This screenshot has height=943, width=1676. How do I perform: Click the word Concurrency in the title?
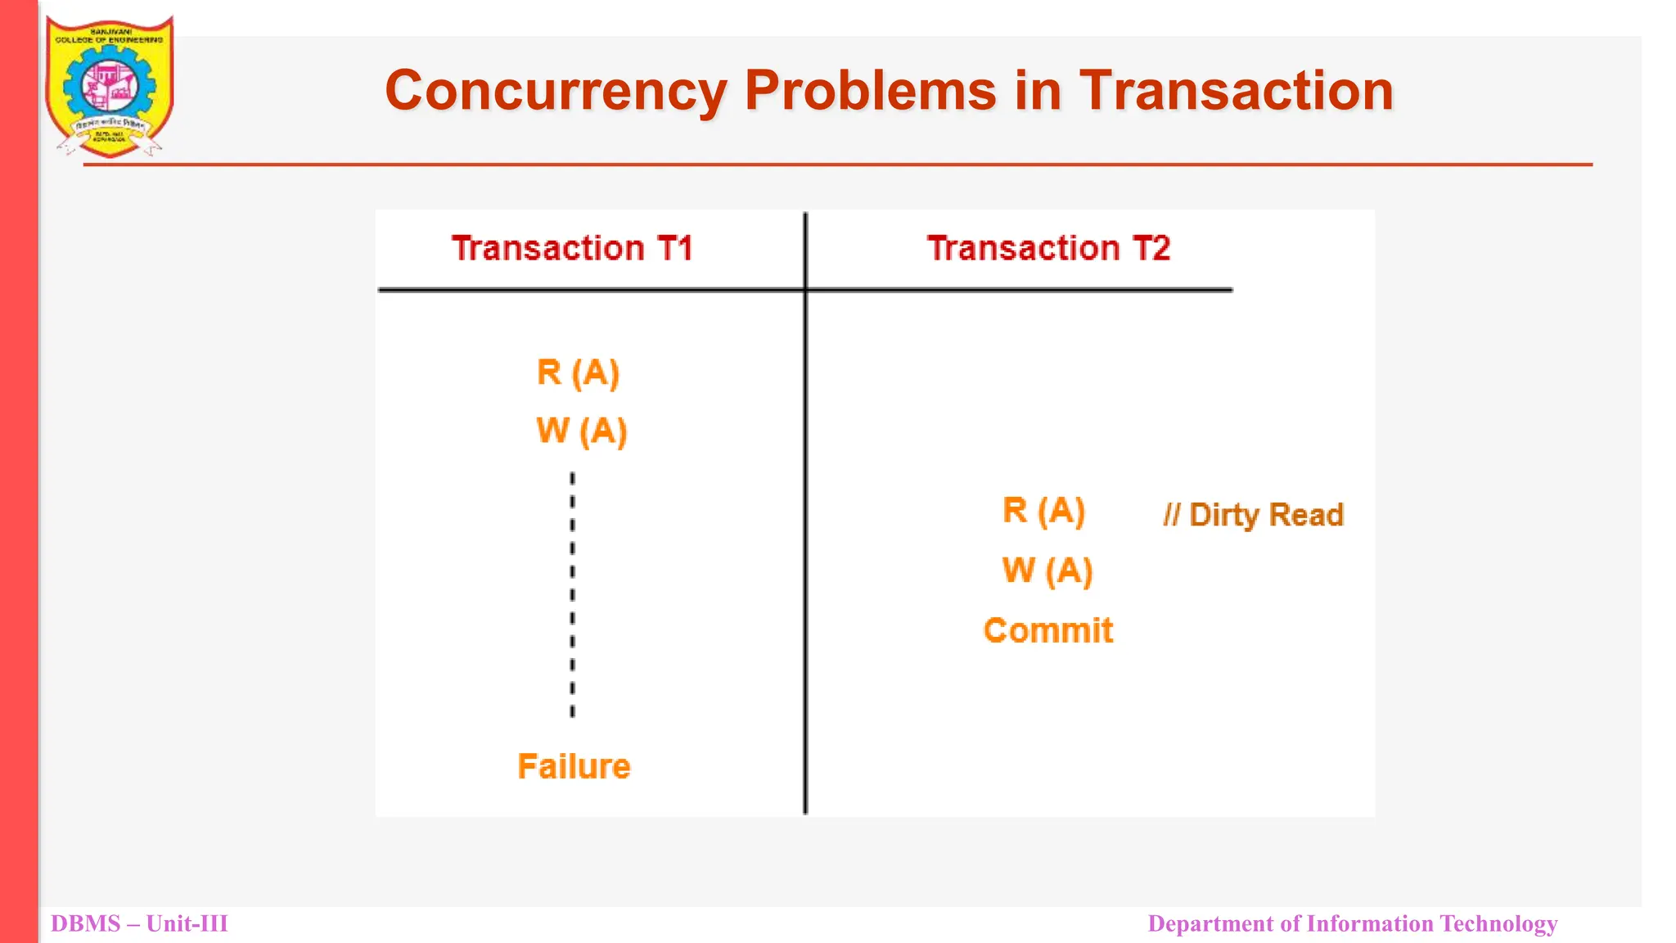click(x=554, y=90)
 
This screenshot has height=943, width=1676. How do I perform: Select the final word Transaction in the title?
click(x=1236, y=90)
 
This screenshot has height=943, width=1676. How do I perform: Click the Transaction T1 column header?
click(x=572, y=248)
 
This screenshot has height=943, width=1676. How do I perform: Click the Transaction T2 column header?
click(x=1048, y=248)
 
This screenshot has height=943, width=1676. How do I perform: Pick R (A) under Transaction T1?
click(x=578, y=373)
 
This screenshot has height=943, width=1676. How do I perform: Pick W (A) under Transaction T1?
click(x=581, y=431)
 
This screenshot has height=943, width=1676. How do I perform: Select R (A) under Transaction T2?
click(x=1043, y=511)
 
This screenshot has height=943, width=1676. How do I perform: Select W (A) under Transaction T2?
click(x=1047, y=571)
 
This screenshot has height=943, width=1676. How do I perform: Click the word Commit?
click(x=1048, y=630)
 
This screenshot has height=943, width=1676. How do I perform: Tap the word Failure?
click(x=574, y=766)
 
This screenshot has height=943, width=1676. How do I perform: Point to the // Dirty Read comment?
click(x=1253, y=515)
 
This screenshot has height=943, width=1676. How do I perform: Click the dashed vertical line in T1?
click(x=572, y=594)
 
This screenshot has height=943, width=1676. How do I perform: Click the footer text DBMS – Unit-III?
click(x=139, y=923)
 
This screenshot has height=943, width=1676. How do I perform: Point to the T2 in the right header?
click(x=1151, y=248)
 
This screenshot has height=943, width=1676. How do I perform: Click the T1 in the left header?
click(x=674, y=248)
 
